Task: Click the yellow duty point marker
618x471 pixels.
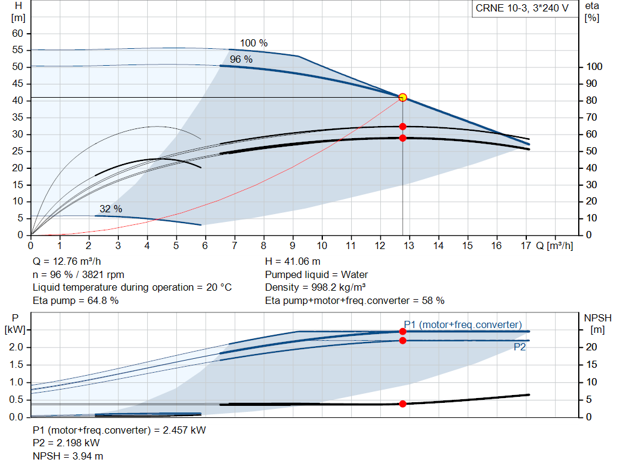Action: coord(403,97)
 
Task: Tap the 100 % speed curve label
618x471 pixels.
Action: coord(254,43)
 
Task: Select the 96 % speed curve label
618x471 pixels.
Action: coord(241,60)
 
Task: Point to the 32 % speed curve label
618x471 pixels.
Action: coord(111,209)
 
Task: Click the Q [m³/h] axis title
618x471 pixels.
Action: coord(555,245)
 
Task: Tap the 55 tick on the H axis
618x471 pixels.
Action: coord(18,50)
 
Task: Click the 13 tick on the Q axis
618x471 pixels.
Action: coord(409,245)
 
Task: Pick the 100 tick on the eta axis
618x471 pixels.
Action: coord(594,66)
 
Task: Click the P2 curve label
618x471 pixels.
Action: coord(520,347)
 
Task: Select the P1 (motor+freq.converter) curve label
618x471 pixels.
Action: coord(463,324)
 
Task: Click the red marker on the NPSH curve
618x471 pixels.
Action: coord(403,403)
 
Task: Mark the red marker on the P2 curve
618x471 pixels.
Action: coord(403,340)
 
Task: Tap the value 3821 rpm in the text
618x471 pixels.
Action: coord(103,274)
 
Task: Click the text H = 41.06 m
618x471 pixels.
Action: coord(293,261)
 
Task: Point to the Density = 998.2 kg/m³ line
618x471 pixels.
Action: coord(315,287)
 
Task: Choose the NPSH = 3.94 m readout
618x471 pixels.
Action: coord(68,456)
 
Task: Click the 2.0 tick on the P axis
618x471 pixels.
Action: coord(16,347)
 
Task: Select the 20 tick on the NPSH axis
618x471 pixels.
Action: coord(591,347)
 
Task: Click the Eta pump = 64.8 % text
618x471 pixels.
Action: coord(75,300)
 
